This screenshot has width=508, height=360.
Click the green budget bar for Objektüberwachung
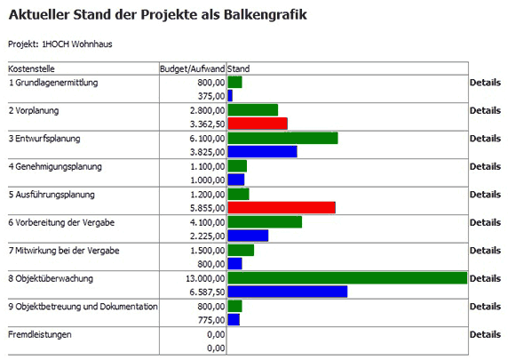click(x=347, y=278)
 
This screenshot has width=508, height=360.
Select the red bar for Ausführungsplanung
click(x=282, y=208)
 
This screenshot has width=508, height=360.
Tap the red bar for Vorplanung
click(x=258, y=124)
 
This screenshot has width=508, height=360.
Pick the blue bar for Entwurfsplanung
click(x=262, y=151)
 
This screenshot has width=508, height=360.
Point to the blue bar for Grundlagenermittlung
click(x=230, y=96)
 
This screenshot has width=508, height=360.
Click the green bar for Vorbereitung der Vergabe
click(x=265, y=222)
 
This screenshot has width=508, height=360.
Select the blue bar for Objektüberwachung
click(x=288, y=292)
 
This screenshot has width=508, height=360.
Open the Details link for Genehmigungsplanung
click(x=485, y=166)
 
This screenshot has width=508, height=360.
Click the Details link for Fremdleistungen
click(x=485, y=334)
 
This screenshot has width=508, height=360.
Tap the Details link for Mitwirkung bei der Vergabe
click(x=485, y=251)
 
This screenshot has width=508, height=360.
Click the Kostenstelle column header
click(x=31, y=68)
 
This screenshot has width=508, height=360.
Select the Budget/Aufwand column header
click(x=193, y=68)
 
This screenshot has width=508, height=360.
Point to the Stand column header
click(x=238, y=68)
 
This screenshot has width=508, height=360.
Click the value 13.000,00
click(x=205, y=278)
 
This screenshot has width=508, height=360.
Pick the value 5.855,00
click(x=207, y=208)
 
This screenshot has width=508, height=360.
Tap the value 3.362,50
click(x=207, y=124)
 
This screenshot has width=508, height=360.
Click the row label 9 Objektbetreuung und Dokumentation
click(x=83, y=307)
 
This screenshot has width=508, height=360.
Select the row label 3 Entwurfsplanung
click(x=44, y=139)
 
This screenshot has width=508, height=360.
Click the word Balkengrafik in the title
click(x=265, y=15)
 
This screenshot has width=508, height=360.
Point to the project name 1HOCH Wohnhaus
click(x=77, y=44)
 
